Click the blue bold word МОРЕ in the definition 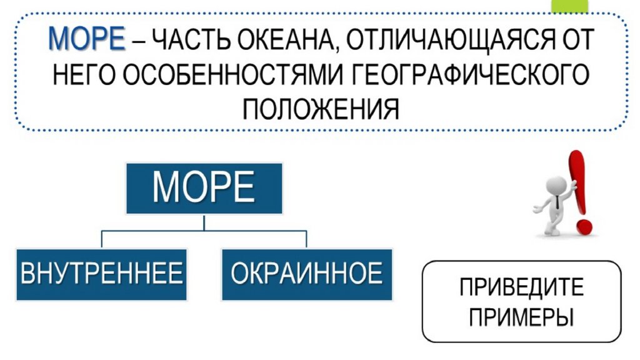[x=87, y=39]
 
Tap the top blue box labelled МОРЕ [x=204, y=187]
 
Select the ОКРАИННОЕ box [x=306, y=274]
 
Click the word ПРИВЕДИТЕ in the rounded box [x=521, y=287]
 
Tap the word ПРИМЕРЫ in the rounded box [x=521, y=316]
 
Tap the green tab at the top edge [x=569, y=6]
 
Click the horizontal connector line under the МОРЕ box [x=204, y=231]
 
